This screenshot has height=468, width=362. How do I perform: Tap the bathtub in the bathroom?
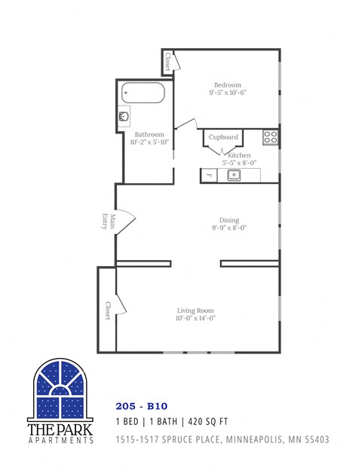(x=143, y=93)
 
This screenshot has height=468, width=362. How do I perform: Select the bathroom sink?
(x=124, y=118)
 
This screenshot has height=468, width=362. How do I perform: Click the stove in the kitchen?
(x=271, y=137)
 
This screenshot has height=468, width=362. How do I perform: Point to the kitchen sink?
(x=234, y=176)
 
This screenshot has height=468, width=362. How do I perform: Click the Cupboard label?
(x=223, y=137)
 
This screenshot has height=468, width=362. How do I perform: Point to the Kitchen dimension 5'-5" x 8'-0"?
(x=240, y=162)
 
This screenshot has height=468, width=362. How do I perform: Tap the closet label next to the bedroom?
(x=167, y=63)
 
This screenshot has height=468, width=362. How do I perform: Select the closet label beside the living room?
(x=108, y=311)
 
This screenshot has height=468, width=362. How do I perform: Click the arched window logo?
(x=60, y=390)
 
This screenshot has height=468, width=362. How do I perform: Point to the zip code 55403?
(x=315, y=439)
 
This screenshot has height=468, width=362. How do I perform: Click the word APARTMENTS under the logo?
(x=60, y=440)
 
